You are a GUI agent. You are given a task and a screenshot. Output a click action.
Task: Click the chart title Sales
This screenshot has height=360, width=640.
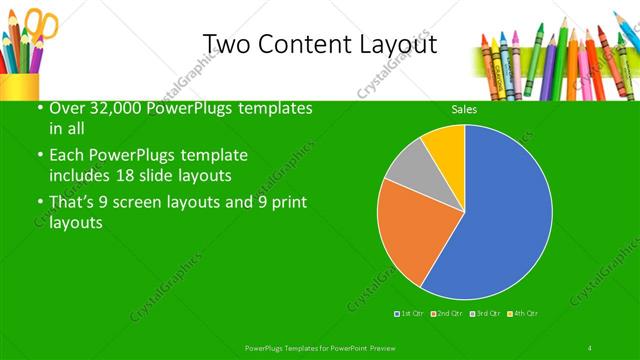(463, 109)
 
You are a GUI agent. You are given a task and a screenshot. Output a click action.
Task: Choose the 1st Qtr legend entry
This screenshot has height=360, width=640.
(410, 314)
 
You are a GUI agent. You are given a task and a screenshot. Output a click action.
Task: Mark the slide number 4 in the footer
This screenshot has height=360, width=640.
(591, 347)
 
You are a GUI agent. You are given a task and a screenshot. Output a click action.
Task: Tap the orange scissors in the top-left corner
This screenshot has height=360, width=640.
(43, 24)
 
